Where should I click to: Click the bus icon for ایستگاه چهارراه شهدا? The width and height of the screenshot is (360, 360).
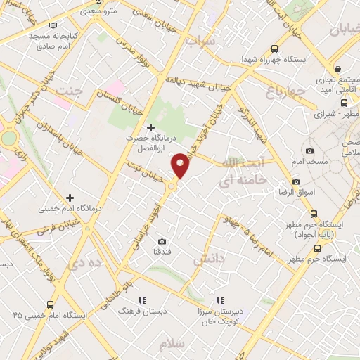tap(274, 49)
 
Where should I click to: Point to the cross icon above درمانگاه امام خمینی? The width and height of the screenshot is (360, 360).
tap(69, 198)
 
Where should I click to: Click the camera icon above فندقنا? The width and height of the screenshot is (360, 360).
tap(162, 240)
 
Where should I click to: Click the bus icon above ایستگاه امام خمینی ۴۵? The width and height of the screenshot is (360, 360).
tap(50, 304)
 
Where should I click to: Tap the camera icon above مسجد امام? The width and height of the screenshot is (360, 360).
tap(309, 150)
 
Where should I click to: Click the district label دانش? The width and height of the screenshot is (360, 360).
tap(209, 259)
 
